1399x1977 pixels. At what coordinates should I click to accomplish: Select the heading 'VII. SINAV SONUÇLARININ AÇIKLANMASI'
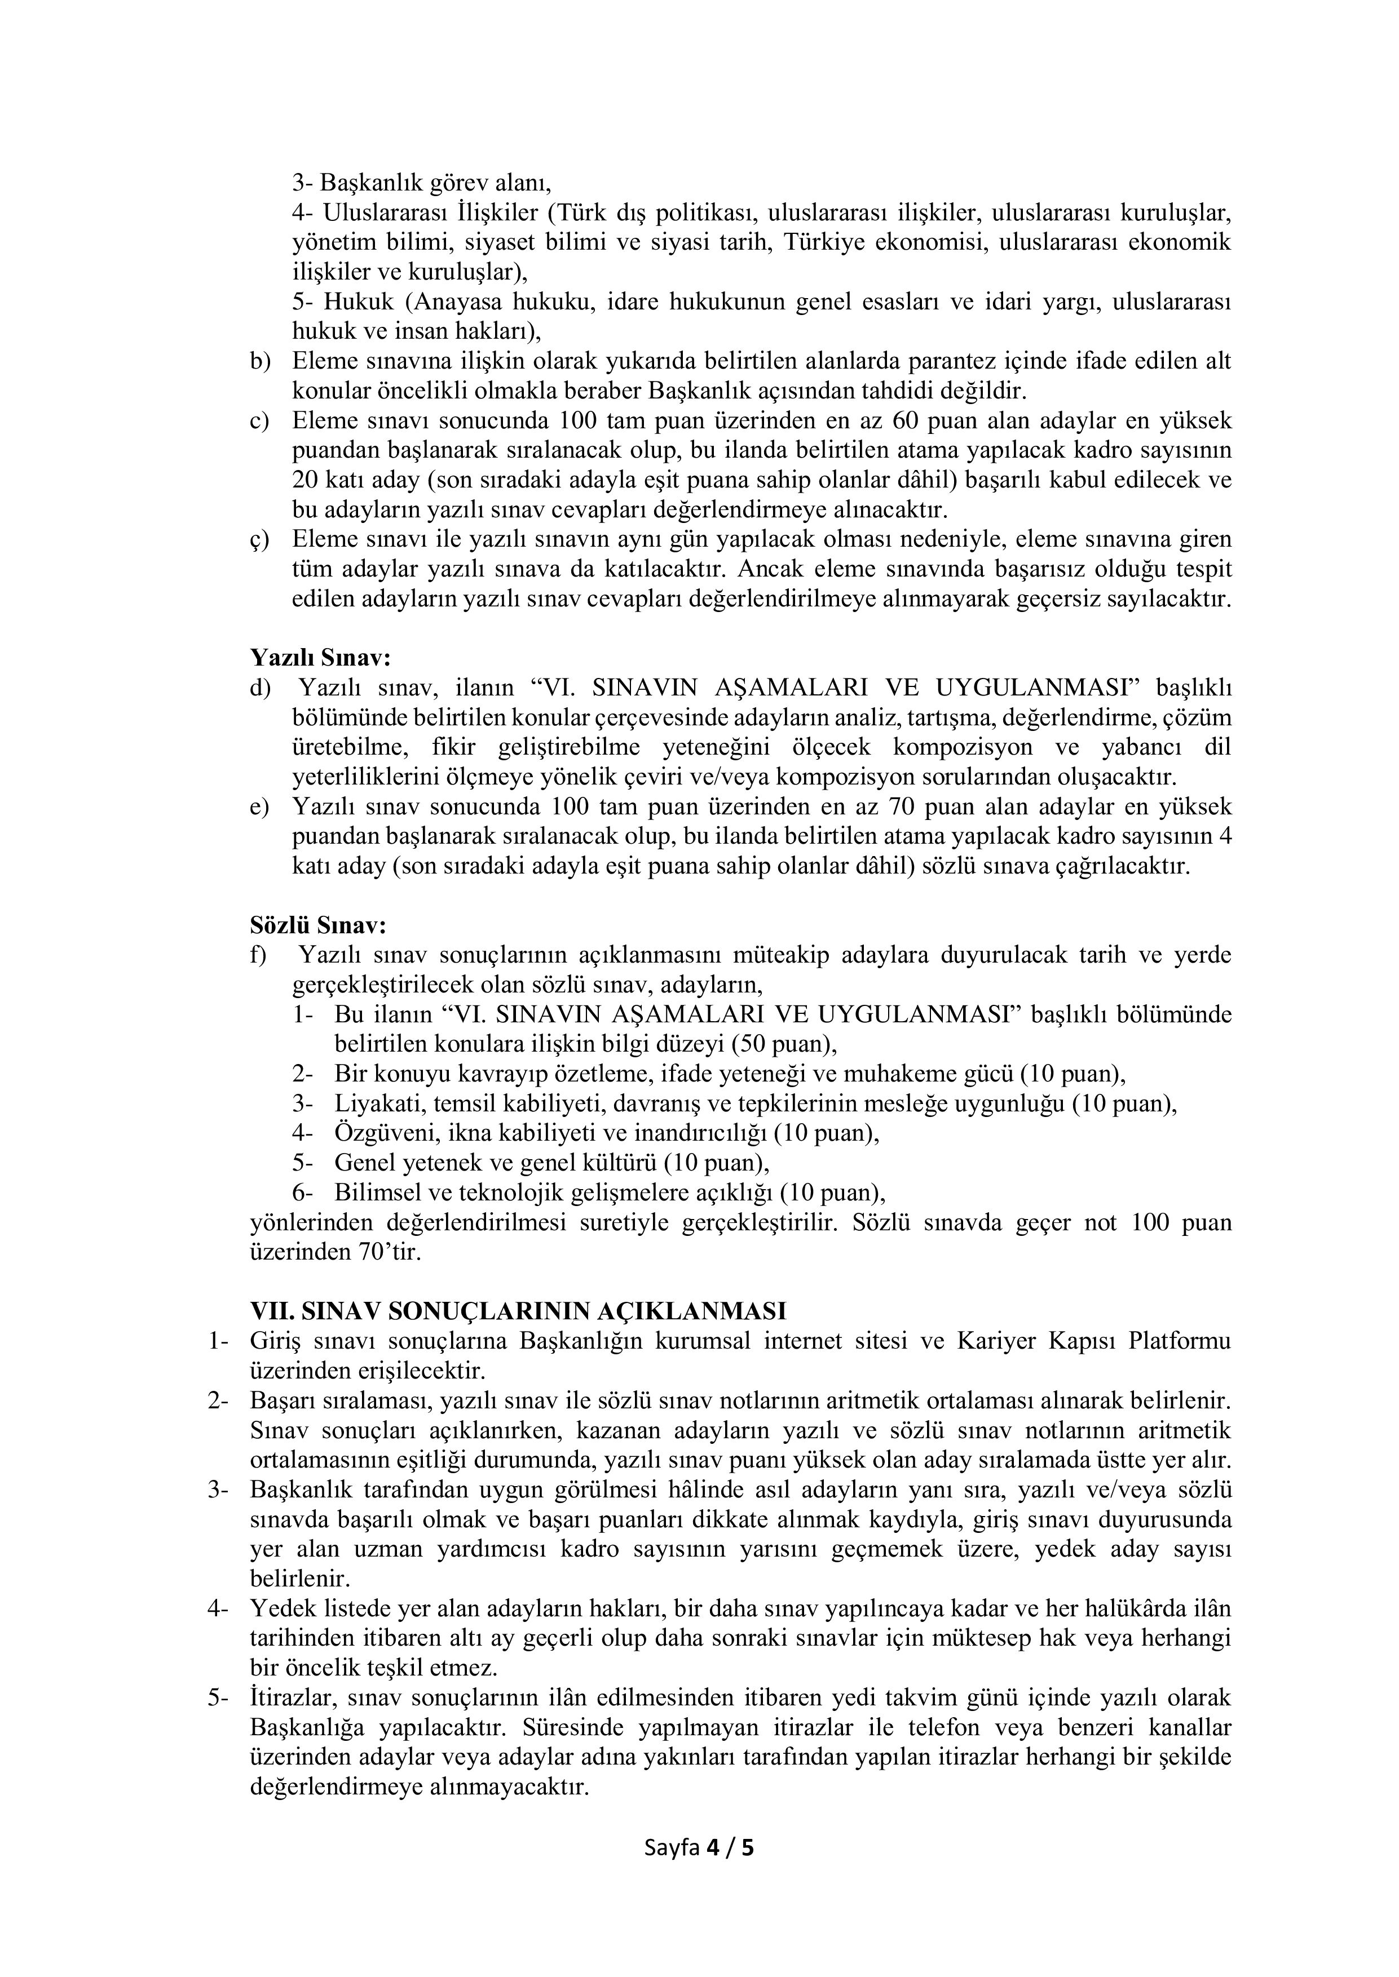517,1310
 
